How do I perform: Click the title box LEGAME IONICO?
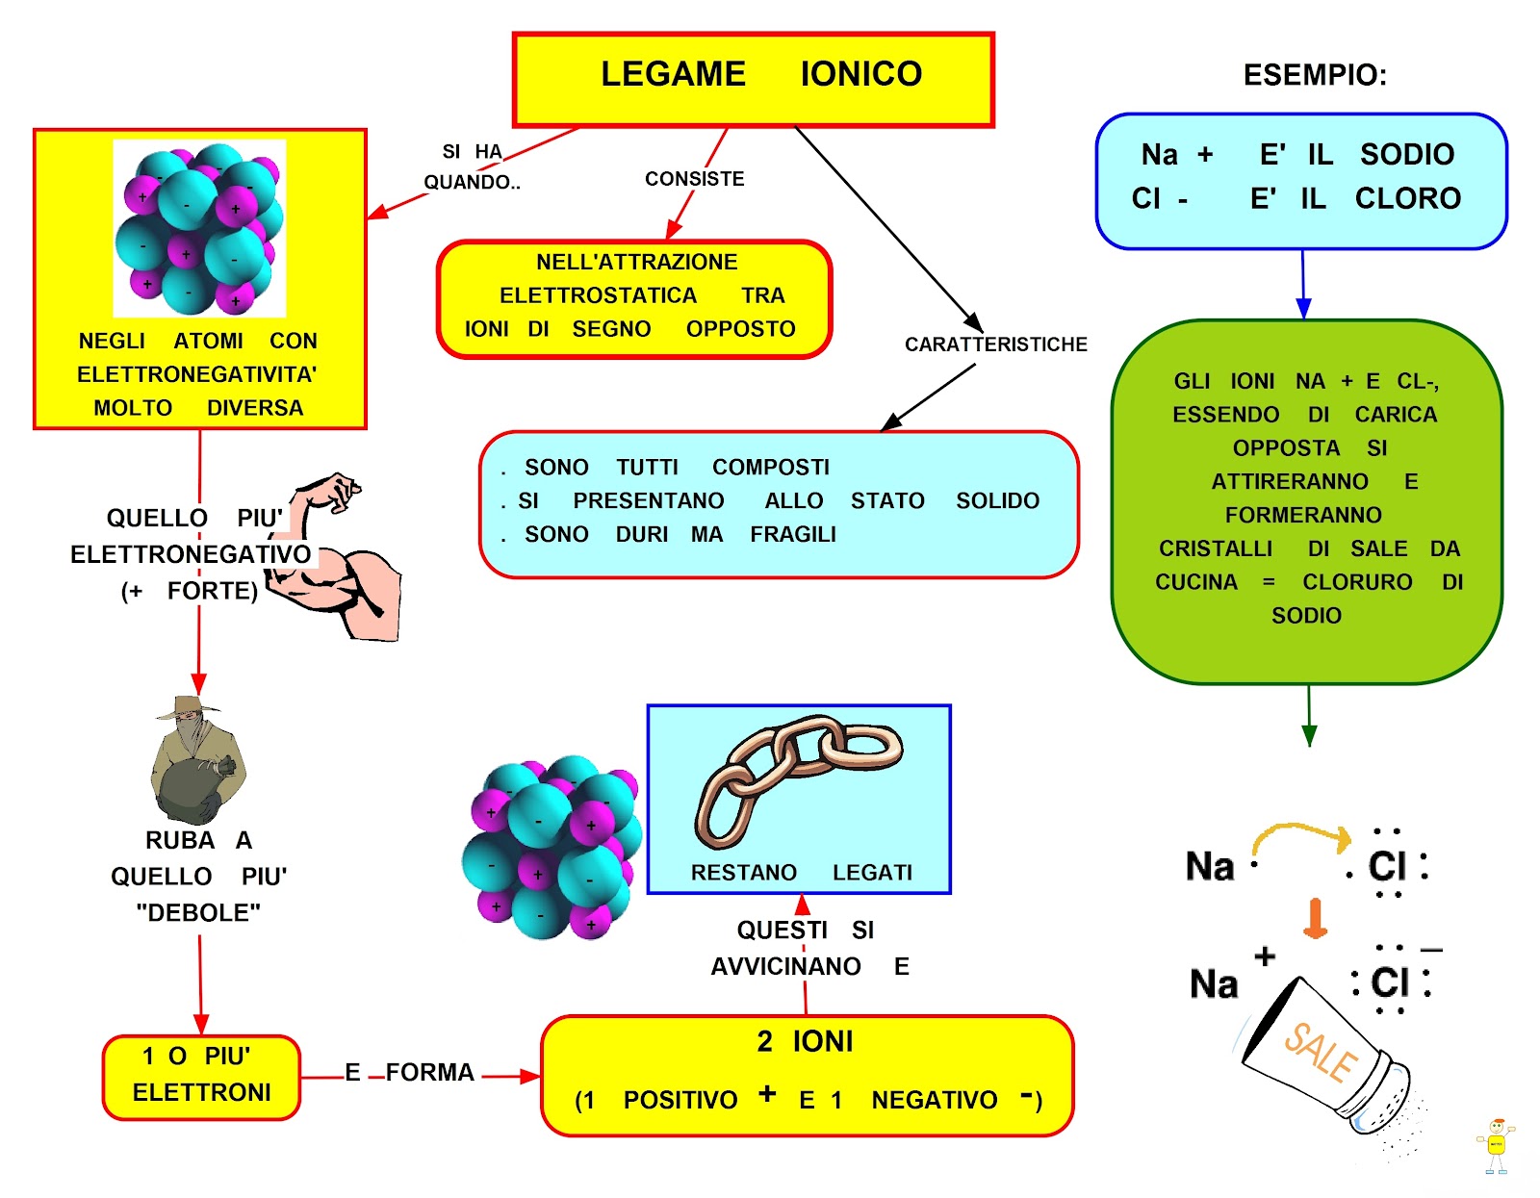pyautogui.click(x=753, y=79)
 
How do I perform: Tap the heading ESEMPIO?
pyautogui.click(x=1315, y=75)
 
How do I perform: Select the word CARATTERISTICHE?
pyautogui.click(x=995, y=344)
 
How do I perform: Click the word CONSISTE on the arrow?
pyautogui.click(x=694, y=179)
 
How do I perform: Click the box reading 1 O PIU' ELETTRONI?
pyautogui.click(x=201, y=1076)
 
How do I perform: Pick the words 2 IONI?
pyautogui.click(x=805, y=1041)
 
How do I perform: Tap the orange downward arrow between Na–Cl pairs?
pyautogui.click(x=1315, y=918)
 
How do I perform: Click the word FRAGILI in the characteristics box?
pyautogui.click(x=793, y=535)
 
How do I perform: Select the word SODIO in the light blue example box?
pyautogui.click(x=1406, y=155)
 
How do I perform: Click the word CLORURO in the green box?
pyautogui.click(x=1357, y=582)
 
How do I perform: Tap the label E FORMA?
pyautogui.click(x=410, y=1073)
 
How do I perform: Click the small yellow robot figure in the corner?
pyautogui.click(x=1495, y=1145)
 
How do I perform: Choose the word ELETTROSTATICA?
pyautogui.click(x=598, y=295)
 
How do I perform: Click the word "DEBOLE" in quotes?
pyautogui.click(x=198, y=913)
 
